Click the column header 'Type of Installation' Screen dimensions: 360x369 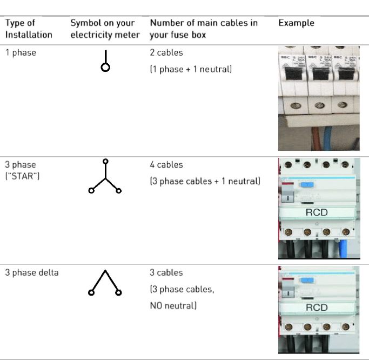(x=29, y=29)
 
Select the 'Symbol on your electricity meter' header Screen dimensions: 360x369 (x=105, y=29)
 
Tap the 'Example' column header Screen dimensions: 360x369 (x=296, y=23)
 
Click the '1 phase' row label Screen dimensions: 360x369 (x=21, y=53)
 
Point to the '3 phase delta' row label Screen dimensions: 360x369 (x=32, y=272)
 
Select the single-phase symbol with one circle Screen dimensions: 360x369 (x=105, y=61)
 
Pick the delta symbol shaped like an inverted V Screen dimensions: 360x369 (x=105, y=282)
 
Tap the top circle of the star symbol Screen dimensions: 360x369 (x=105, y=161)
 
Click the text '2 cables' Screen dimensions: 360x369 (x=166, y=53)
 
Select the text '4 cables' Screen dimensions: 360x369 (x=166, y=164)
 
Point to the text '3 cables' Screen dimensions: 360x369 (x=166, y=272)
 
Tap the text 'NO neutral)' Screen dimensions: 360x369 (x=173, y=306)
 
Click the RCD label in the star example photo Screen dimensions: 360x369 (x=317, y=212)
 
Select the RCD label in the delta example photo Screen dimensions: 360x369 (x=317, y=308)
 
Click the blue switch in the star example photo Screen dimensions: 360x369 (x=307, y=185)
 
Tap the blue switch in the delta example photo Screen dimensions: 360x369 (x=307, y=281)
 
